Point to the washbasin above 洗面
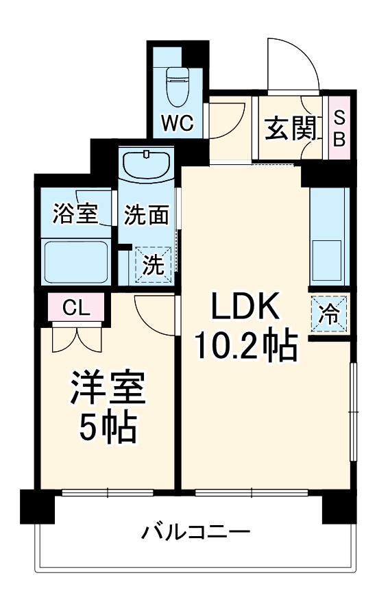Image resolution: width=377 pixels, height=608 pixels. [x=146, y=165]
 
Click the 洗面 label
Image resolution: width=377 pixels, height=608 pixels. [x=146, y=216]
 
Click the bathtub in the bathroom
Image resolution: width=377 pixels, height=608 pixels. [x=75, y=262]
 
